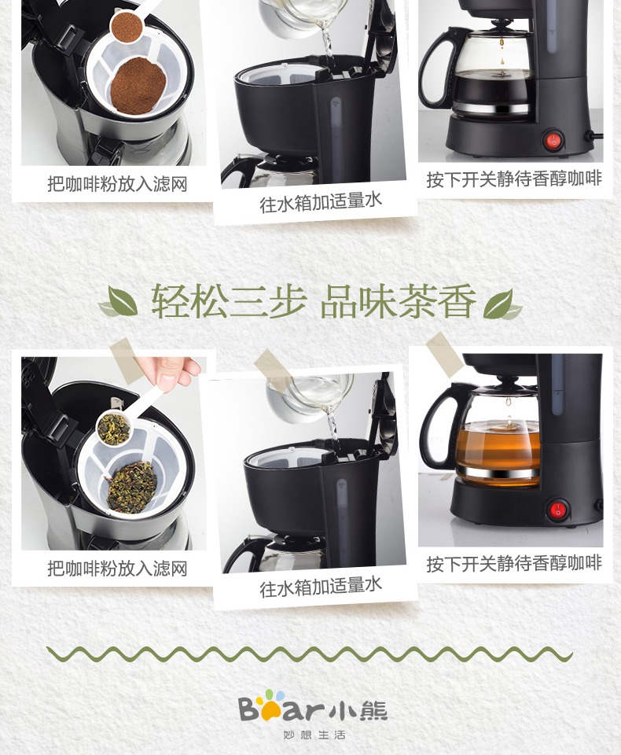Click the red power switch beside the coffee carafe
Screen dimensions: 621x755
click(x=554, y=140)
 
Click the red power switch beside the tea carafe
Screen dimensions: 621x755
click(x=558, y=510)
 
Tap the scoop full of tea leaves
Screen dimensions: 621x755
click(x=115, y=428)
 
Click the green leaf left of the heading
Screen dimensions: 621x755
click(x=119, y=302)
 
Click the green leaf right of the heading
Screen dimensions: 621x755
click(x=502, y=304)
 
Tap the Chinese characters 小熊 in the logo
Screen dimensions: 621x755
click(x=359, y=709)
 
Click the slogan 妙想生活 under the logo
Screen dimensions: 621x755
click(x=314, y=735)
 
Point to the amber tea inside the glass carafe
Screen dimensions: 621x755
click(x=498, y=444)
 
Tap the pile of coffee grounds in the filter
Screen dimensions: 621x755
click(x=138, y=86)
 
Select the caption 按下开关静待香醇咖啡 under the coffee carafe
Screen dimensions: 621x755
click(x=514, y=179)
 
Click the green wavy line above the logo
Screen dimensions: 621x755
click(x=309, y=654)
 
